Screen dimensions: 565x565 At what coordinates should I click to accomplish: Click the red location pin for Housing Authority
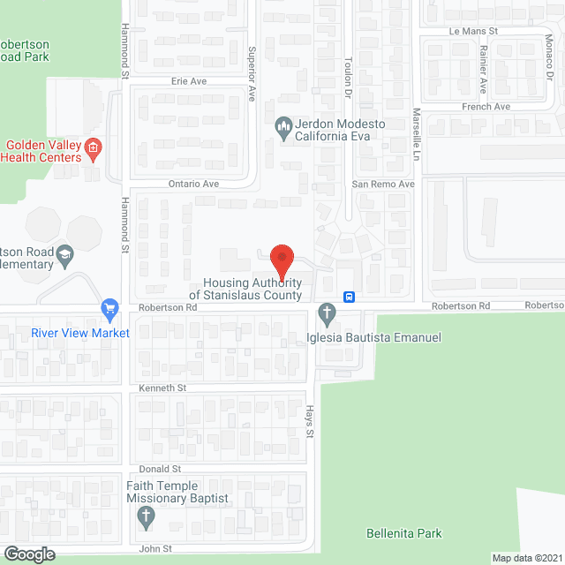[281, 260]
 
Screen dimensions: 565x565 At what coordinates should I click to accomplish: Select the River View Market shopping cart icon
[110, 309]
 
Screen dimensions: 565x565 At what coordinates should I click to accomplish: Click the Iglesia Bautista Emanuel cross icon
[328, 313]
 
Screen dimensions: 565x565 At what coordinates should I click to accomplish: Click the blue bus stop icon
[350, 297]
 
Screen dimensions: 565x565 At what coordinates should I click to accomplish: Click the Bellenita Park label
[403, 533]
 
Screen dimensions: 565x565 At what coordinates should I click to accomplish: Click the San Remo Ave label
[383, 184]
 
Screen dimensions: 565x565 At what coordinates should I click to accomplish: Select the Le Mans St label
[474, 30]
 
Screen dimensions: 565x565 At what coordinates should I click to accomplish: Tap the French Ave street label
[486, 107]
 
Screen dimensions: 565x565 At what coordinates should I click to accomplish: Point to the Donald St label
[160, 469]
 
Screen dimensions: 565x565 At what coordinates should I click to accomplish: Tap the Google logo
[28, 554]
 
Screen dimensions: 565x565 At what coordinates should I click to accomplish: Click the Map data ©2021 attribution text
[526, 557]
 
